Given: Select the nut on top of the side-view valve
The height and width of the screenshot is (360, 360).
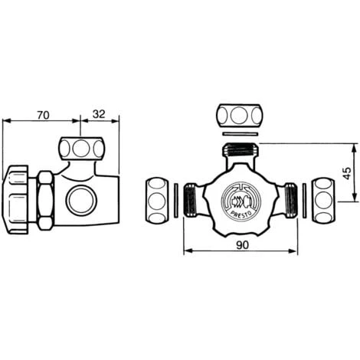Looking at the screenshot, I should (x=80, y=147).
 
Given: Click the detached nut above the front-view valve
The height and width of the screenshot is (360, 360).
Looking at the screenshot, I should (x=240, y=116).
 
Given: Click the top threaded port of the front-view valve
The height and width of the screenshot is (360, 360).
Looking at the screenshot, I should (x=241, y=150).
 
